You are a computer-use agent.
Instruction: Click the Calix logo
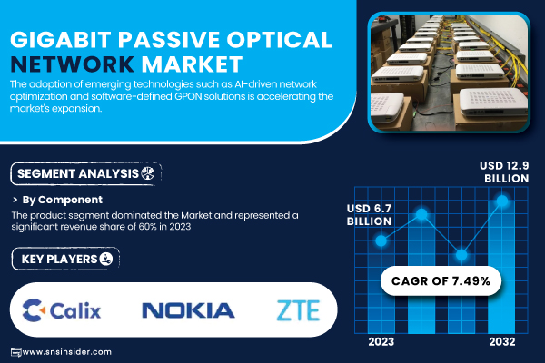pyautogui.click(x=62, y=309)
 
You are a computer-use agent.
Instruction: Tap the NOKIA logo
pyautogui.click(x=188, y=310)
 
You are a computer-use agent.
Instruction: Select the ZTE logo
pyautogui.click(x=298, y=310)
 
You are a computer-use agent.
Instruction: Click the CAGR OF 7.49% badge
pyautogui.click(x=441, y=280)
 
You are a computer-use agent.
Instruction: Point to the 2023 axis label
pyautogui.click(x=381, y=342)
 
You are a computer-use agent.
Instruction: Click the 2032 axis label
pyautogui.click(x=502, y=342)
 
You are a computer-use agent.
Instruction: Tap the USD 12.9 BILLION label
pyautogui.click(x=504, y=172)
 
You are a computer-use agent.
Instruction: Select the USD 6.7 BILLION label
pyautogui.click(x=369, y=215)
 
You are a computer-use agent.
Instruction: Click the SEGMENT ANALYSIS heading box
pyautogui.click(x=86, y=173)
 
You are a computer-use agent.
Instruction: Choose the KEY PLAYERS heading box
pyautogui.click(x=65, y=259)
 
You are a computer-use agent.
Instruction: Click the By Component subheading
pyautogui.click(x=62, y=200)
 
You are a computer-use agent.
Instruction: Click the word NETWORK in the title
pyautogui.click(x=73, y=64)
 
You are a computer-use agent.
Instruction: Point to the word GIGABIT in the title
pyautogui.click(x=61, y=39)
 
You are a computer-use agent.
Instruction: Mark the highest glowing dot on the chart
pyautogui.click(x=502, y=201)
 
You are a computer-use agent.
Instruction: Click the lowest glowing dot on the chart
pyautogui.click(x=461, y=255)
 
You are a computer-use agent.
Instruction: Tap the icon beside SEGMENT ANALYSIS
pyautogui.click(x=148, y=173)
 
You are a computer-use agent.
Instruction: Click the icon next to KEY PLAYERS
pyautogui.click(x=106, y=259)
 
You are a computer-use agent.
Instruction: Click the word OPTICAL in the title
pyautogui.click(x=279, y=39)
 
